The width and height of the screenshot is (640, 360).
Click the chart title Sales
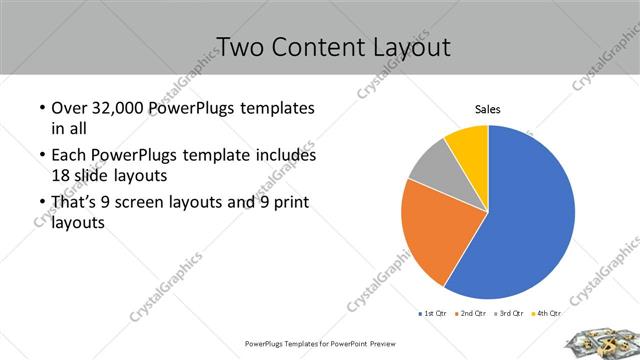click(487, 110)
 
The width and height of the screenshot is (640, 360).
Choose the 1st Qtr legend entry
click(433, 314)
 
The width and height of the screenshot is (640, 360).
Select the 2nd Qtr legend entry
click(470, 314)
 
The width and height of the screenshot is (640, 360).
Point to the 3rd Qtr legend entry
click(509, 314)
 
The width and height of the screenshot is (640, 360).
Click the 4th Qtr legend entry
click(546, 314)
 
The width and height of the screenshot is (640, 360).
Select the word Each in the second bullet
click(68, 156)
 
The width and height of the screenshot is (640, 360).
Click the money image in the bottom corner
click(600, 343)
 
